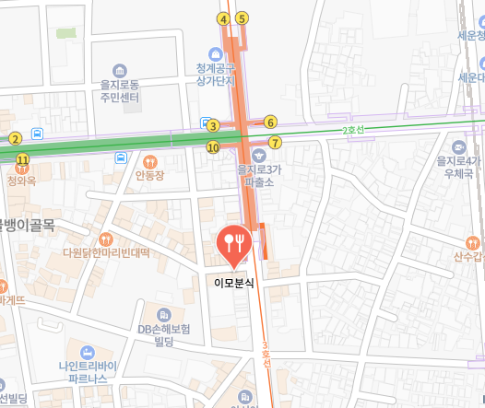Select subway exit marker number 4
pos(222,18)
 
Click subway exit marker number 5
pos(242,17)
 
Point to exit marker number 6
pos(270,122)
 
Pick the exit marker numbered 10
pos(213,146)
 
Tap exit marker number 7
pos(274,142)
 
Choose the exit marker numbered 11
pos(22,159)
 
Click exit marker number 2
pos(15,139)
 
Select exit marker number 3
pos(212,126)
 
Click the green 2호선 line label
pos(353,131)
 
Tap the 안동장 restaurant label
pos(148,175)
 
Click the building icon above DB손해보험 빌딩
pos(163,314)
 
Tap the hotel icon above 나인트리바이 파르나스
pos(87,352)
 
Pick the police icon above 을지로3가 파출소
pos(259,155)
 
